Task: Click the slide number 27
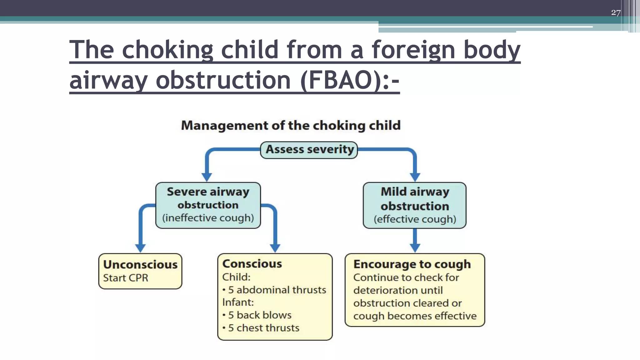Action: (616, 12)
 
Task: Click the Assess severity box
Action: (309, 150)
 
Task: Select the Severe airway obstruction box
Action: (208, 205)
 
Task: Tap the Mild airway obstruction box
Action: (414, 205)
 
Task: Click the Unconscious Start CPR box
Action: (140, 271)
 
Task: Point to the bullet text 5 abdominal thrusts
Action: (277, 290)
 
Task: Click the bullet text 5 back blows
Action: (259, 315)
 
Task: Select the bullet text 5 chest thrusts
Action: (263, 328)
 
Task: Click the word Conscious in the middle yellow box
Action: (252, 264)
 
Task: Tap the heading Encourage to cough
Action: (412, 264)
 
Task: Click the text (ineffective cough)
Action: (208, 218)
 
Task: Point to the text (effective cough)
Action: (415, 219)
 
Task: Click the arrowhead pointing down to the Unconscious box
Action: (140, 248)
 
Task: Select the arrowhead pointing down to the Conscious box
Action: (275, 248)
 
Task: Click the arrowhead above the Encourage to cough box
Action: (415, 248)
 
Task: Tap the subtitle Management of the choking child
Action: (291, 126)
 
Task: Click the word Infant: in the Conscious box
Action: (238, 302)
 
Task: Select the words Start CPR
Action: (126, 278)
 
